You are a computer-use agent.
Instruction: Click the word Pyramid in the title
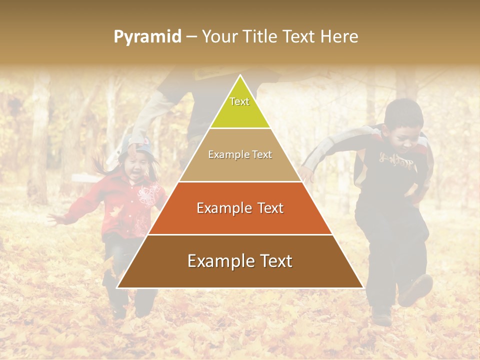147,36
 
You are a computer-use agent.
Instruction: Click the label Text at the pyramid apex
239,101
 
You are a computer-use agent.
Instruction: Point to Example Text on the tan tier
240,154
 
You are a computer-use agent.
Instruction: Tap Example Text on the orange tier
240,208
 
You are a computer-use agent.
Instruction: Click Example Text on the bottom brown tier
240,261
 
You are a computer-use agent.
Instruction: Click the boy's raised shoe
416,290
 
